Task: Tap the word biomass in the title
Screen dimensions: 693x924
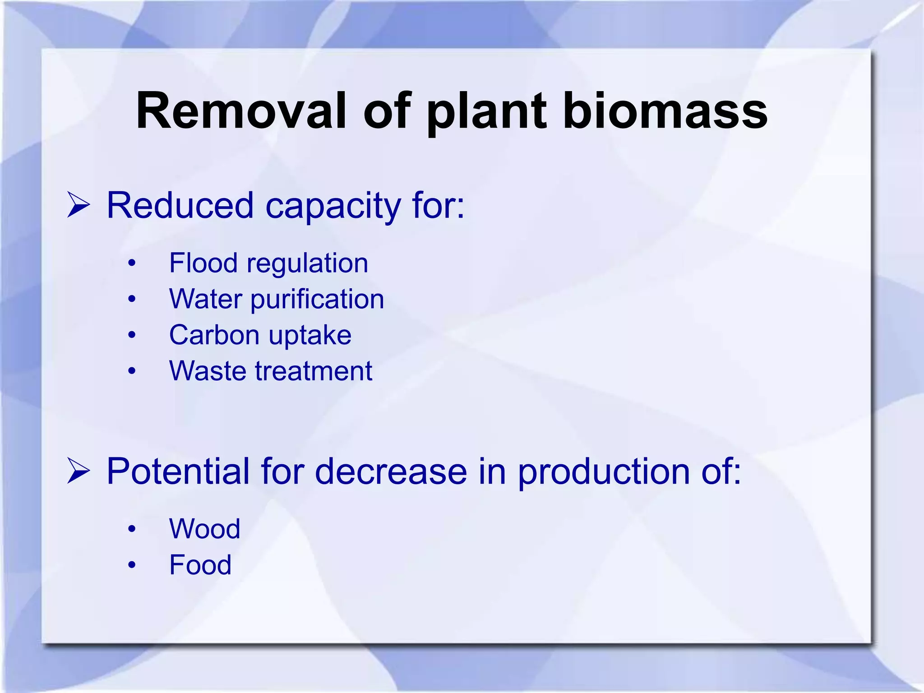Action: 665,111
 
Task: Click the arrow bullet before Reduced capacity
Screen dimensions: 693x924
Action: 79,205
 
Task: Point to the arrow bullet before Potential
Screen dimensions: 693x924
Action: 79,471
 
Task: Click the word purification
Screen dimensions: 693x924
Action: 317,300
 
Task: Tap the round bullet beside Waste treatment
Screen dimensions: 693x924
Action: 131,371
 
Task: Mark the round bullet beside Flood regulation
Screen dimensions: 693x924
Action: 131,263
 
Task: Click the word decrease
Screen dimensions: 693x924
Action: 390,471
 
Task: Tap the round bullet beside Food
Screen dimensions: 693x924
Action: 131,565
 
